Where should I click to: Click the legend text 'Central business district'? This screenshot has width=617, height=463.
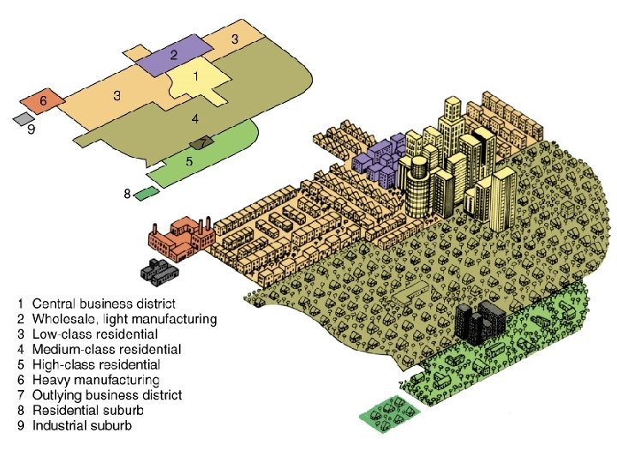(x=103, y=304)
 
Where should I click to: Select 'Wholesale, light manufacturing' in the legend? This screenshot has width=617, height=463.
(x=124, y=319)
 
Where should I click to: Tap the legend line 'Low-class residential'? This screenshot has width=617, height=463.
(x=94, y=334)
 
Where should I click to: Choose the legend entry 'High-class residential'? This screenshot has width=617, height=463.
(x=95, y=364)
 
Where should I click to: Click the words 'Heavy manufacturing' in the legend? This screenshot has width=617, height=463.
(x=95, y=379)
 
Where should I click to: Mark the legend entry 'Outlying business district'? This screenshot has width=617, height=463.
(x=106, y=394)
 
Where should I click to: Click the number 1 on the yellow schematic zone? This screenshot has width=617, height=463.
(x=196, y=76)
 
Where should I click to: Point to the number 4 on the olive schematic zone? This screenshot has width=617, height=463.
(x=195, y=119)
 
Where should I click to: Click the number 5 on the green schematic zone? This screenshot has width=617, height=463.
(x=189, y=160)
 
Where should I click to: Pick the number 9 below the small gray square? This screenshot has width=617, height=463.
(x=31, y=131)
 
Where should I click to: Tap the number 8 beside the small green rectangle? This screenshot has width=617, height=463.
(x=127, y=194)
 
